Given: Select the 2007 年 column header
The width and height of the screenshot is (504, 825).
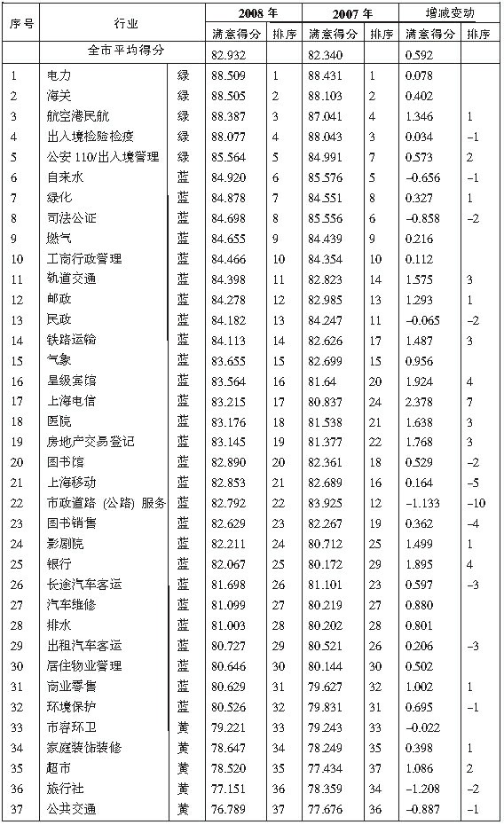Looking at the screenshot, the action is [350, 14].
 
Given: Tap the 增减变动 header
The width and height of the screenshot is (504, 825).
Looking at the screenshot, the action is [450, 14].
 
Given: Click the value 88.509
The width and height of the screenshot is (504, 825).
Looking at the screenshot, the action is [226, 76].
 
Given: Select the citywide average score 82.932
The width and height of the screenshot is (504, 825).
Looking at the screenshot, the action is [226, 55].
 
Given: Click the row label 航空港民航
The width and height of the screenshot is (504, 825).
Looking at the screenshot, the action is [78, 116].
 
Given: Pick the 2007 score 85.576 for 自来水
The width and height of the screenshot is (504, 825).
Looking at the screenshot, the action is [326, 177].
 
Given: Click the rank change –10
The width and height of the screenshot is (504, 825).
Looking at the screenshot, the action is [477, 503].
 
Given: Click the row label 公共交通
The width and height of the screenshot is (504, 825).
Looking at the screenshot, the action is [72, 808].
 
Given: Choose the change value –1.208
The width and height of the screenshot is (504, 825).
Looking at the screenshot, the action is [421, 788].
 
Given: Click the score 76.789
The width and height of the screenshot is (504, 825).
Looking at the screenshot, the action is [226, 808].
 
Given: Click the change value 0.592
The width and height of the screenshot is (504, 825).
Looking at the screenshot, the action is [419, 55].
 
